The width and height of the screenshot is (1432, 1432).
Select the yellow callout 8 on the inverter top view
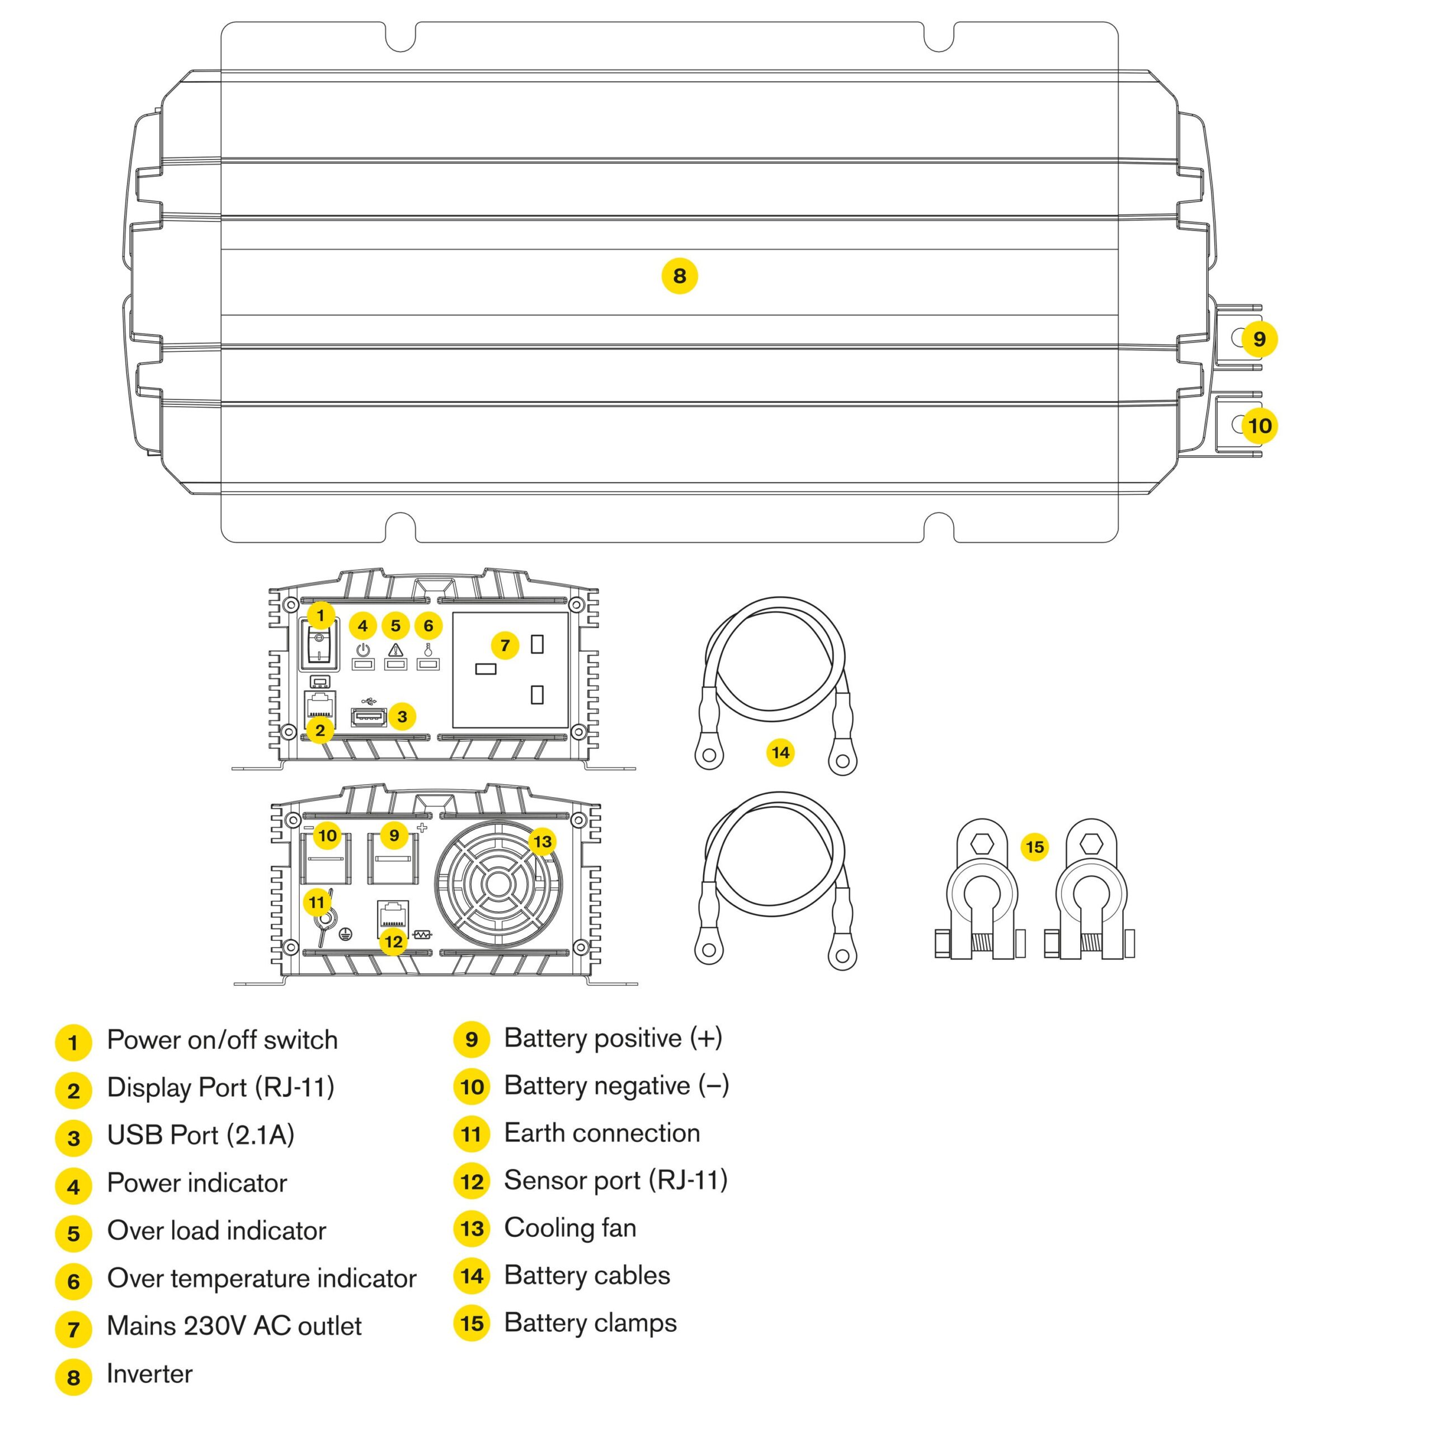pos(679,276)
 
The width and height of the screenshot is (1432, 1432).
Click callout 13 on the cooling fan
pos(543,841)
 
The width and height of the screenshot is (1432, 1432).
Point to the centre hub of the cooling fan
pos(497,884)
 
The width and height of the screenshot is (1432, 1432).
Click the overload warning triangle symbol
pos(396,650)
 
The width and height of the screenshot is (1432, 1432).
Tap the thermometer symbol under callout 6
pos(428,650)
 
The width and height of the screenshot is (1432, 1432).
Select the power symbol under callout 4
pos(362,650)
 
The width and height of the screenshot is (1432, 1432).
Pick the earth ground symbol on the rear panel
pos(345,935)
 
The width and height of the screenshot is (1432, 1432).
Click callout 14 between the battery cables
pos(780,752)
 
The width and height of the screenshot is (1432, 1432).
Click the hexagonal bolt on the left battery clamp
pos(982,843)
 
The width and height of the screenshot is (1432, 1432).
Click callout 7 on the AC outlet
pos(505,646)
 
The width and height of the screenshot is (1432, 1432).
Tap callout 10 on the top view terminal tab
pos(1259,426)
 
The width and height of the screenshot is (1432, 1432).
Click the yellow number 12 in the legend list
pos(472,1181)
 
